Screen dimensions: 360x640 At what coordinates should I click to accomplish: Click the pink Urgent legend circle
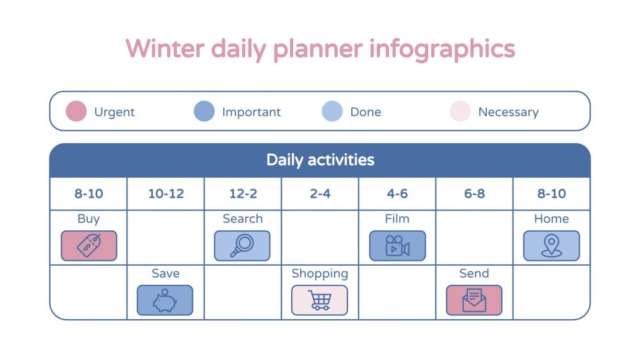76,112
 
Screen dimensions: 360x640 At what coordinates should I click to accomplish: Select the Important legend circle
204,112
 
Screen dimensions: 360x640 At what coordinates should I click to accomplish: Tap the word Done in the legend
366,112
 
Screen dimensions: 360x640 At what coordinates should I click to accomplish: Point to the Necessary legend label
508,112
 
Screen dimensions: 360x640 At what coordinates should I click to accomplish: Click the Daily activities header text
320,160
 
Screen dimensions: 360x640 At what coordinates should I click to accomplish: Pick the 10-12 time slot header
166,194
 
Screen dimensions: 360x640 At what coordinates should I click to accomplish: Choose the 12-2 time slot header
243,194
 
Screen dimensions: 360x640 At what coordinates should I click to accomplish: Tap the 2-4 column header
320,194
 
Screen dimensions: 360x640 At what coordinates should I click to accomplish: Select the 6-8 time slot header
474,194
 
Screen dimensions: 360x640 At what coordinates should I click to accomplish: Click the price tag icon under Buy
89,246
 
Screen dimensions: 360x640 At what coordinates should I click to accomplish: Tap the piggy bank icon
165,301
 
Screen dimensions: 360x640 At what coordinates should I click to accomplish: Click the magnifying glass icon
242,246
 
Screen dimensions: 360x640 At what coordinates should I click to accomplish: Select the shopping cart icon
320,301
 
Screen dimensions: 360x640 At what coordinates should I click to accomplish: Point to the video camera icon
397,246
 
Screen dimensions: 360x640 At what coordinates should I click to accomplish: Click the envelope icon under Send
474,301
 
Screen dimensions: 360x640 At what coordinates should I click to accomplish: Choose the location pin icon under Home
551,246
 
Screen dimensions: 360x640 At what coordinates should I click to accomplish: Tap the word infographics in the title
442,49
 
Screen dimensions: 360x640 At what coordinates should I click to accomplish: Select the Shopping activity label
320,274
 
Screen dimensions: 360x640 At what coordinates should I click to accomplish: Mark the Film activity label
397,219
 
